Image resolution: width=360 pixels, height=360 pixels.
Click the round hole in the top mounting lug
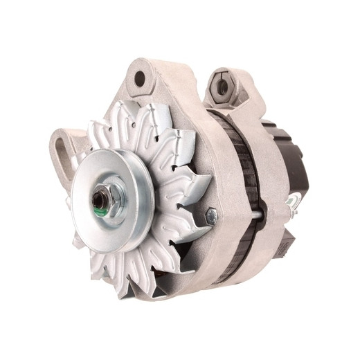coord(140,79)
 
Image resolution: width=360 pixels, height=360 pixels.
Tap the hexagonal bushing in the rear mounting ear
coord(223,87)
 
